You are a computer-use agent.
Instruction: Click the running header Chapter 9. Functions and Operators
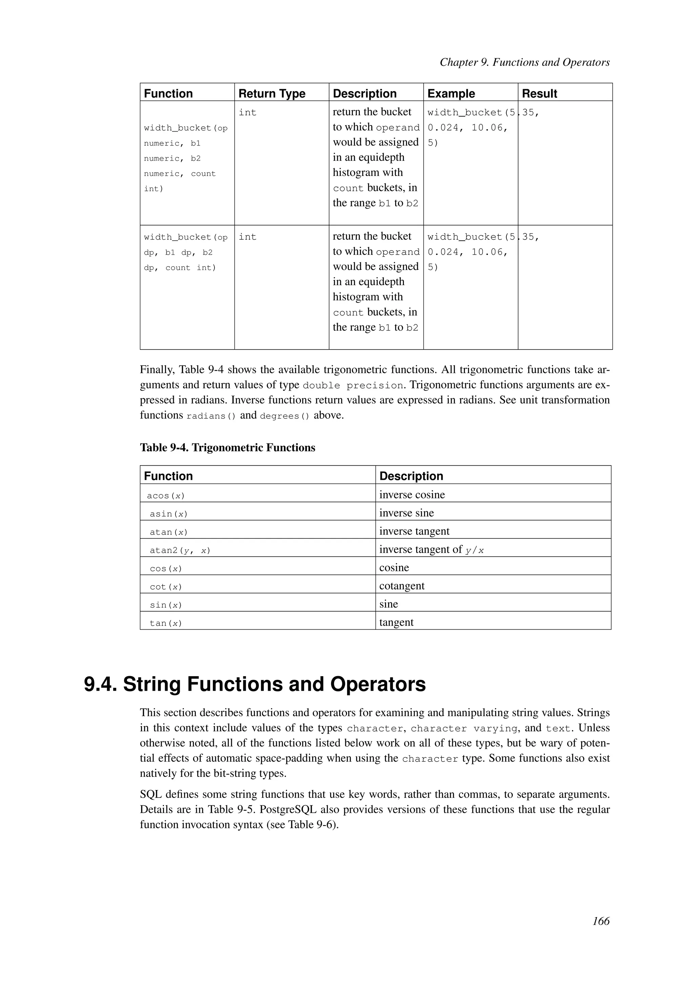coord(524,62)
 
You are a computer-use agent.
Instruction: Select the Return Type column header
coord(272,93)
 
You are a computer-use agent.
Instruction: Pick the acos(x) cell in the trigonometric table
coord(166,496)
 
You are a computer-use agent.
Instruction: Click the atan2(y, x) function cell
coord(180,550)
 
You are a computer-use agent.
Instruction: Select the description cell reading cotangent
coord(402,586)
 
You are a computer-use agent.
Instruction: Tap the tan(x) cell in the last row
coord(166,623)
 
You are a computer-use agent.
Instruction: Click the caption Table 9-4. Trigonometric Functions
coord(227,448)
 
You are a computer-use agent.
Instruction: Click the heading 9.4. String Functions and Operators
coord(255,684)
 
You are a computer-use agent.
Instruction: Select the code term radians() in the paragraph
coord(211,416)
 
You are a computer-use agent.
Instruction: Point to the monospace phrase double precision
coord(352,385)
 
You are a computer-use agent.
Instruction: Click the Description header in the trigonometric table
coord(411,476)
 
